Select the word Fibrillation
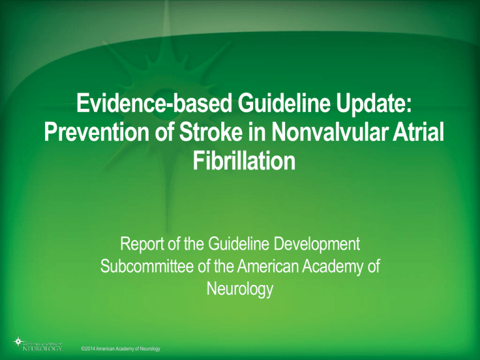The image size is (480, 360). pos(240,162)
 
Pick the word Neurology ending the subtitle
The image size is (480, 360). pos(240,291)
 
